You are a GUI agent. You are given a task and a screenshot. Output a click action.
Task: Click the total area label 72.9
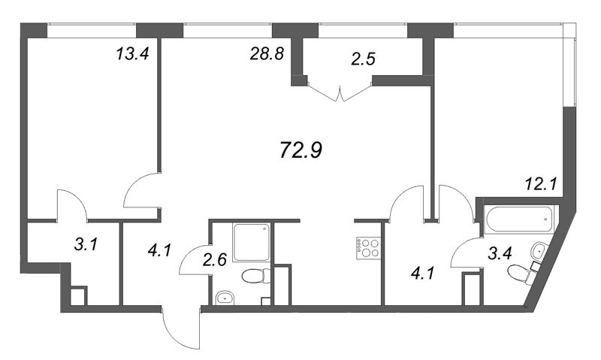(x=301, y=150)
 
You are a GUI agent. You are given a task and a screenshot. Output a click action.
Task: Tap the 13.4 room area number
(x=132, y=54)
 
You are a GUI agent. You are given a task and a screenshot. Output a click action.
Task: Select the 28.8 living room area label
(x=267, y=54)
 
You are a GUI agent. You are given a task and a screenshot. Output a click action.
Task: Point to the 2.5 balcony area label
(x=363, y=59)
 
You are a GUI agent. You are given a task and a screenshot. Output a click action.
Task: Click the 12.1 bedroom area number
(x=541, y=185)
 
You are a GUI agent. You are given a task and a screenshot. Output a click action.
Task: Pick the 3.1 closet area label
(x=86, y=244)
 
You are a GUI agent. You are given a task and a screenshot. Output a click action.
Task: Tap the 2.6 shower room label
(x=215, y=260)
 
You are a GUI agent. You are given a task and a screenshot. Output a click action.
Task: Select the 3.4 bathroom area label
(x=500, y=253)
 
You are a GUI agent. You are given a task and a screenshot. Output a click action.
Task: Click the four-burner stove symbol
(x=368, y=248)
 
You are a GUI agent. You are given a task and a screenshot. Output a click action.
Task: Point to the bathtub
(x=518, y=219)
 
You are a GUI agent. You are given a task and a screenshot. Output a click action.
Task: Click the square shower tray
(x=251, y=243)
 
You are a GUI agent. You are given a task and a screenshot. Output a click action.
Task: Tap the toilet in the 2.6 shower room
(x=256, y=276)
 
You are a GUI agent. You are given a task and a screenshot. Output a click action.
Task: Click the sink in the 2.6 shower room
(x=225, y=298)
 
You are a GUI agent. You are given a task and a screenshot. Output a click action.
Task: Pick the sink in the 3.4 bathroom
(x=540, y=250)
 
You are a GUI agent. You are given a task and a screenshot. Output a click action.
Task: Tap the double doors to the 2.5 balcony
(x=340, y=92)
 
